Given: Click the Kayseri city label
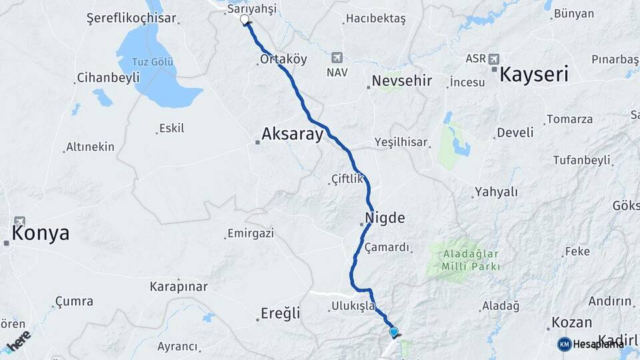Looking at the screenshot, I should pyautogui.click(x=534, y=74).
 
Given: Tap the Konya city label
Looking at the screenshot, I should pyautogui.click(x=40, y=233).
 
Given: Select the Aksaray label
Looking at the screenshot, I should pyautogui.click(x=292, y=134).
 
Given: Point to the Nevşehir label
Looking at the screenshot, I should pyautogui.click(x=402, y=81).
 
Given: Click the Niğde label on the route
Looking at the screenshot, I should pyautogui.click(x=385, y=218).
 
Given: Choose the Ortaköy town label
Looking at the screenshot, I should pyautogui.click(x=284, y=59).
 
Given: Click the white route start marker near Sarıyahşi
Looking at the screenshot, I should pyautogui.click(x=245, y=19).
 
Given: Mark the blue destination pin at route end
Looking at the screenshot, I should pyautogui.click(x=393, y=331).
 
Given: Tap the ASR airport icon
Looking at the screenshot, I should pyautogui.click(x=493, y=58).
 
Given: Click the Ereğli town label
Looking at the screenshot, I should pyautogui.click(x=280, y=313).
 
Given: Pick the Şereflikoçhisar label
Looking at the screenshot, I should pyautogui.click(x=131, y=18).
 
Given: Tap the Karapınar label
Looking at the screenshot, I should pyautogui.click(x=178, y=287).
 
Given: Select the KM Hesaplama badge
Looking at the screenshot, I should pyautogui.click(x=590, y=344).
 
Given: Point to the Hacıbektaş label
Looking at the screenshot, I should pyautogui.click(x=375, y=19).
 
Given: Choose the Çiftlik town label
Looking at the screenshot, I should pyautogui.click(x=347, y=179).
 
